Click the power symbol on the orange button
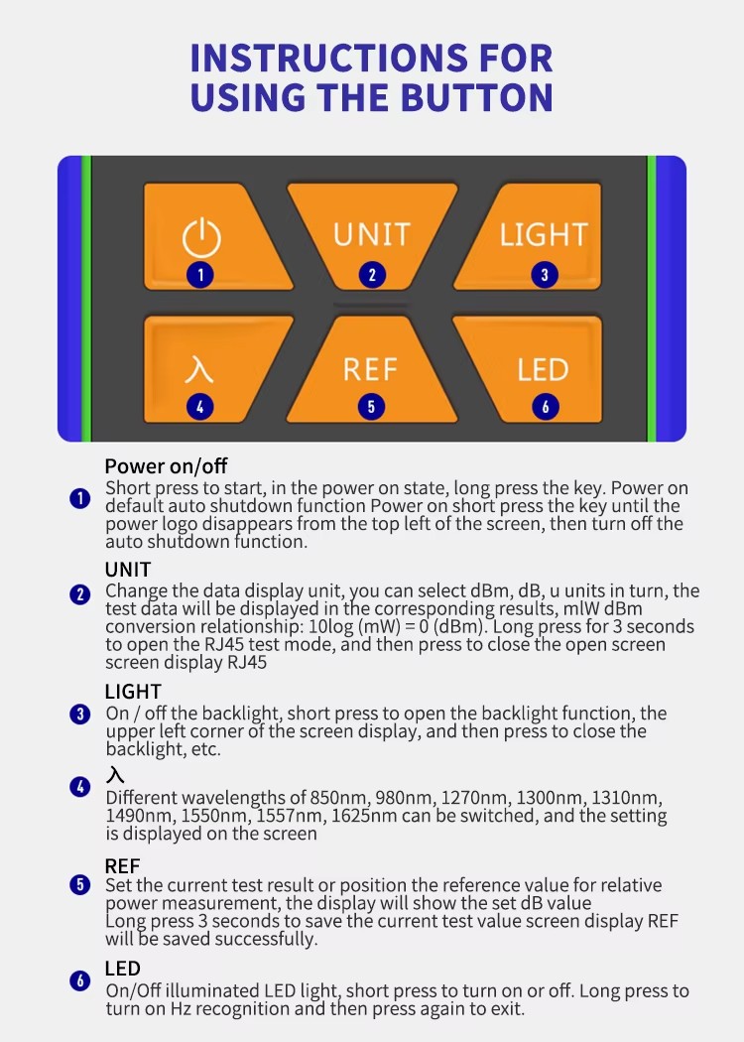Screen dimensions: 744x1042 (x=201, y=238)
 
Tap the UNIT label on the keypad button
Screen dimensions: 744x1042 (x=372, y=234)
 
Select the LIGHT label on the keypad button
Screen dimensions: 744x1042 (x=544, y=234)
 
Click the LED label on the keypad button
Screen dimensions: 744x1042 (x=543, y=369)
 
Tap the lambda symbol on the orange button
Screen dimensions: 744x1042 (x=198, y=369)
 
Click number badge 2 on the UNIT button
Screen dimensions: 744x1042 (x=372, y=275)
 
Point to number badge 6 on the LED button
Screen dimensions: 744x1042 (x=546, y=407)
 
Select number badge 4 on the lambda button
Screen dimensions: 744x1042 (x=200, y=407)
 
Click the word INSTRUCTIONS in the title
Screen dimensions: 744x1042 (x=329, y=58)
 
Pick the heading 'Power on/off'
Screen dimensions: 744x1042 (x=166, y=465)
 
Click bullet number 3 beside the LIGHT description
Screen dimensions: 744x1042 (x=79, y=715)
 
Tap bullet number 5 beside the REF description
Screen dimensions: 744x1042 (x=79, y=885)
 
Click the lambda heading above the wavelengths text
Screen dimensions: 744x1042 (x=115, y=774)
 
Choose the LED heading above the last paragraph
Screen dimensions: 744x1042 (x=122, y=969)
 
